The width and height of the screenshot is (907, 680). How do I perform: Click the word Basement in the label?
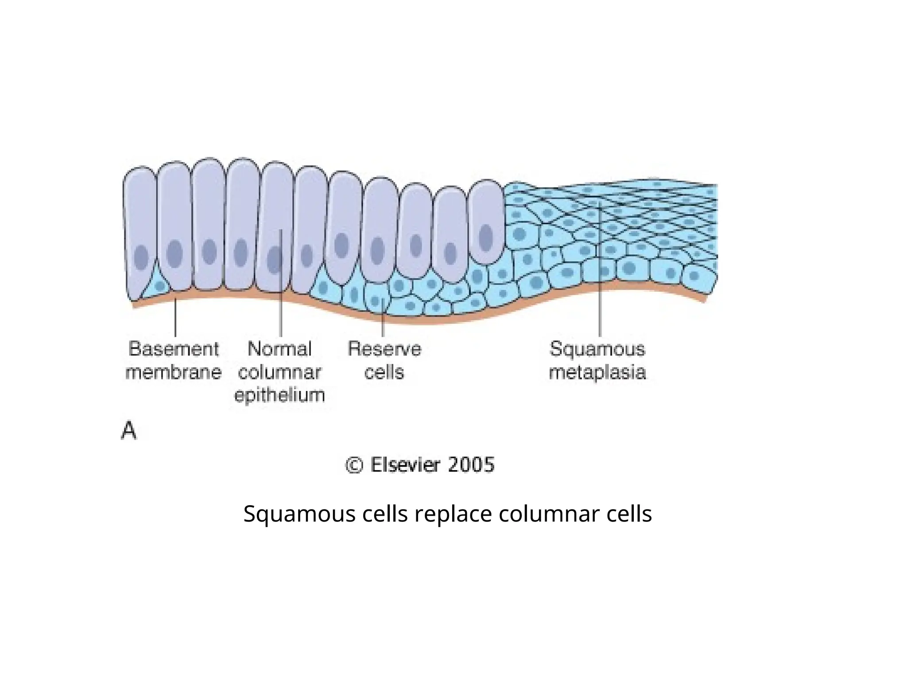point(174,349)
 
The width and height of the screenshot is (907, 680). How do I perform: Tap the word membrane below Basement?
point(174,372)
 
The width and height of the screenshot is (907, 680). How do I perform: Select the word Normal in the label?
point(279,349)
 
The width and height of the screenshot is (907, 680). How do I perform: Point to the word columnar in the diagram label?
point(279,372)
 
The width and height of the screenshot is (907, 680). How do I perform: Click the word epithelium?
point(279,395)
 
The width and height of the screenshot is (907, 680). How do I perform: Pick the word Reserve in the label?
point(384,349)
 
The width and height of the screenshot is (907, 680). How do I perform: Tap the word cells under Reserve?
point(384,372)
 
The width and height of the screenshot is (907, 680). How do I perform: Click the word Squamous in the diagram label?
point(597,349)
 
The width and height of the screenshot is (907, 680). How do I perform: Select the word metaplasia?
point(597,372)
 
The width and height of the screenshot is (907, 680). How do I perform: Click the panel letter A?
point(128,431)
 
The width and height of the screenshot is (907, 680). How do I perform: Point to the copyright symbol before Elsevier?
point(354,465)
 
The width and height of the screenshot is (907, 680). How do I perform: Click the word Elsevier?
point(406,465)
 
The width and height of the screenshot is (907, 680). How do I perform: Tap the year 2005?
point(471,465)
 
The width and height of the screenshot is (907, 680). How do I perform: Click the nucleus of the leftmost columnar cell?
point(141,257)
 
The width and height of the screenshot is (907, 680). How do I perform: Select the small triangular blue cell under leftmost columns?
point(159,284)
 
